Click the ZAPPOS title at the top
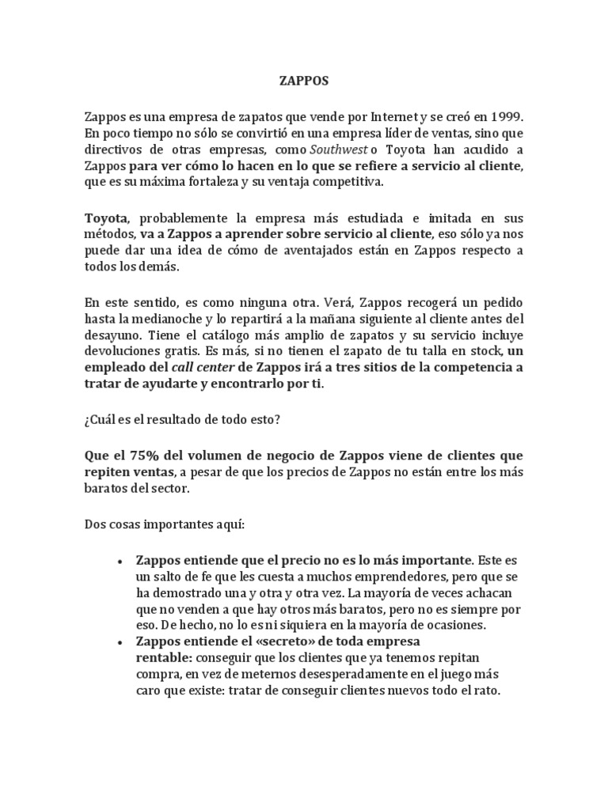pyautogui.click(x=305, y=81)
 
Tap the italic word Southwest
pyautogui.click(x=319, y=150)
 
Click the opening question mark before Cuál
pyautogui.click(x=87, y=422)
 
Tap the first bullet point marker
pyautogui.click(x=118, y=559)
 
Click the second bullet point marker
pyautogui.click(x=118, y=640)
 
